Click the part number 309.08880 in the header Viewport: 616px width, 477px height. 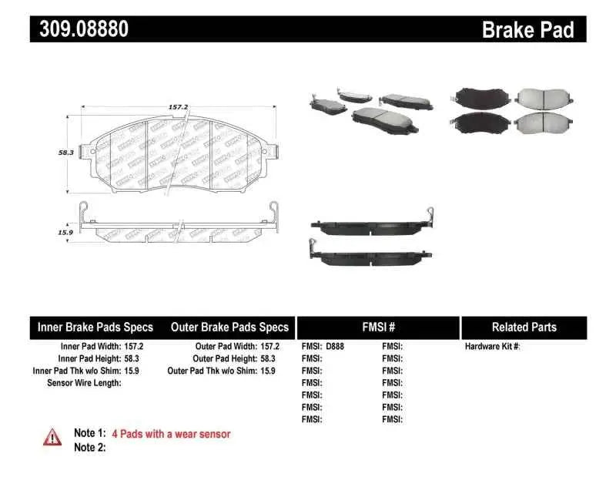[x=79, y=29]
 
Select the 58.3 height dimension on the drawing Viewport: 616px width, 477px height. [x=66, y=153]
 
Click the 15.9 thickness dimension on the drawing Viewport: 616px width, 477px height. [x=66, y=231]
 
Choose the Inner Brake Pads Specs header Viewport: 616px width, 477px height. [x=95, y=328]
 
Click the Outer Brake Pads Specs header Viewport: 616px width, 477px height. [x=229, y=328]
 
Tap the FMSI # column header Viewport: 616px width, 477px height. [x=378, y=328]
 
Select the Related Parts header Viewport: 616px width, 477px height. [x=524, y=328]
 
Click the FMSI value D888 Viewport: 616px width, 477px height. [x=335, y=347]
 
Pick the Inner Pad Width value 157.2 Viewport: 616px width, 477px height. [x=134, y=347]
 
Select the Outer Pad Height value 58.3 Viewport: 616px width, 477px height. [x=269, y=359]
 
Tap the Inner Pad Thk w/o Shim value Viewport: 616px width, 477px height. [x=134, y=371]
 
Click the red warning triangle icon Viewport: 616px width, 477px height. [x=52, y=437]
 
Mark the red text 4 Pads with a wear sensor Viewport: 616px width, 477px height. [x=171, y=434]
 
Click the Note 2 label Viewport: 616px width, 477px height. [x=89, y=447]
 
